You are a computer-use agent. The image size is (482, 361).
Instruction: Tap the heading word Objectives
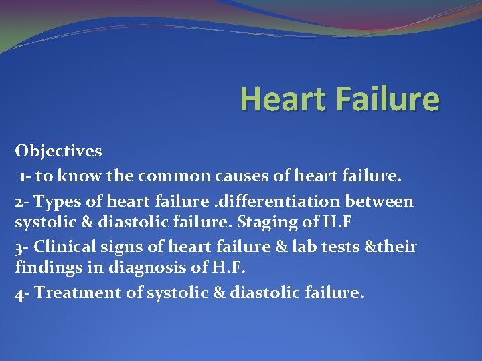point(59,151)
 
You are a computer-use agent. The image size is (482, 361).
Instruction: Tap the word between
point(383,201)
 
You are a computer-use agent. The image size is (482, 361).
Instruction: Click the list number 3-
point(22,247)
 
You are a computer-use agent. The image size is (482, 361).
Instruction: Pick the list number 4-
point(22,293)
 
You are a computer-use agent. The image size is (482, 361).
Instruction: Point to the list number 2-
point(22,201)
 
